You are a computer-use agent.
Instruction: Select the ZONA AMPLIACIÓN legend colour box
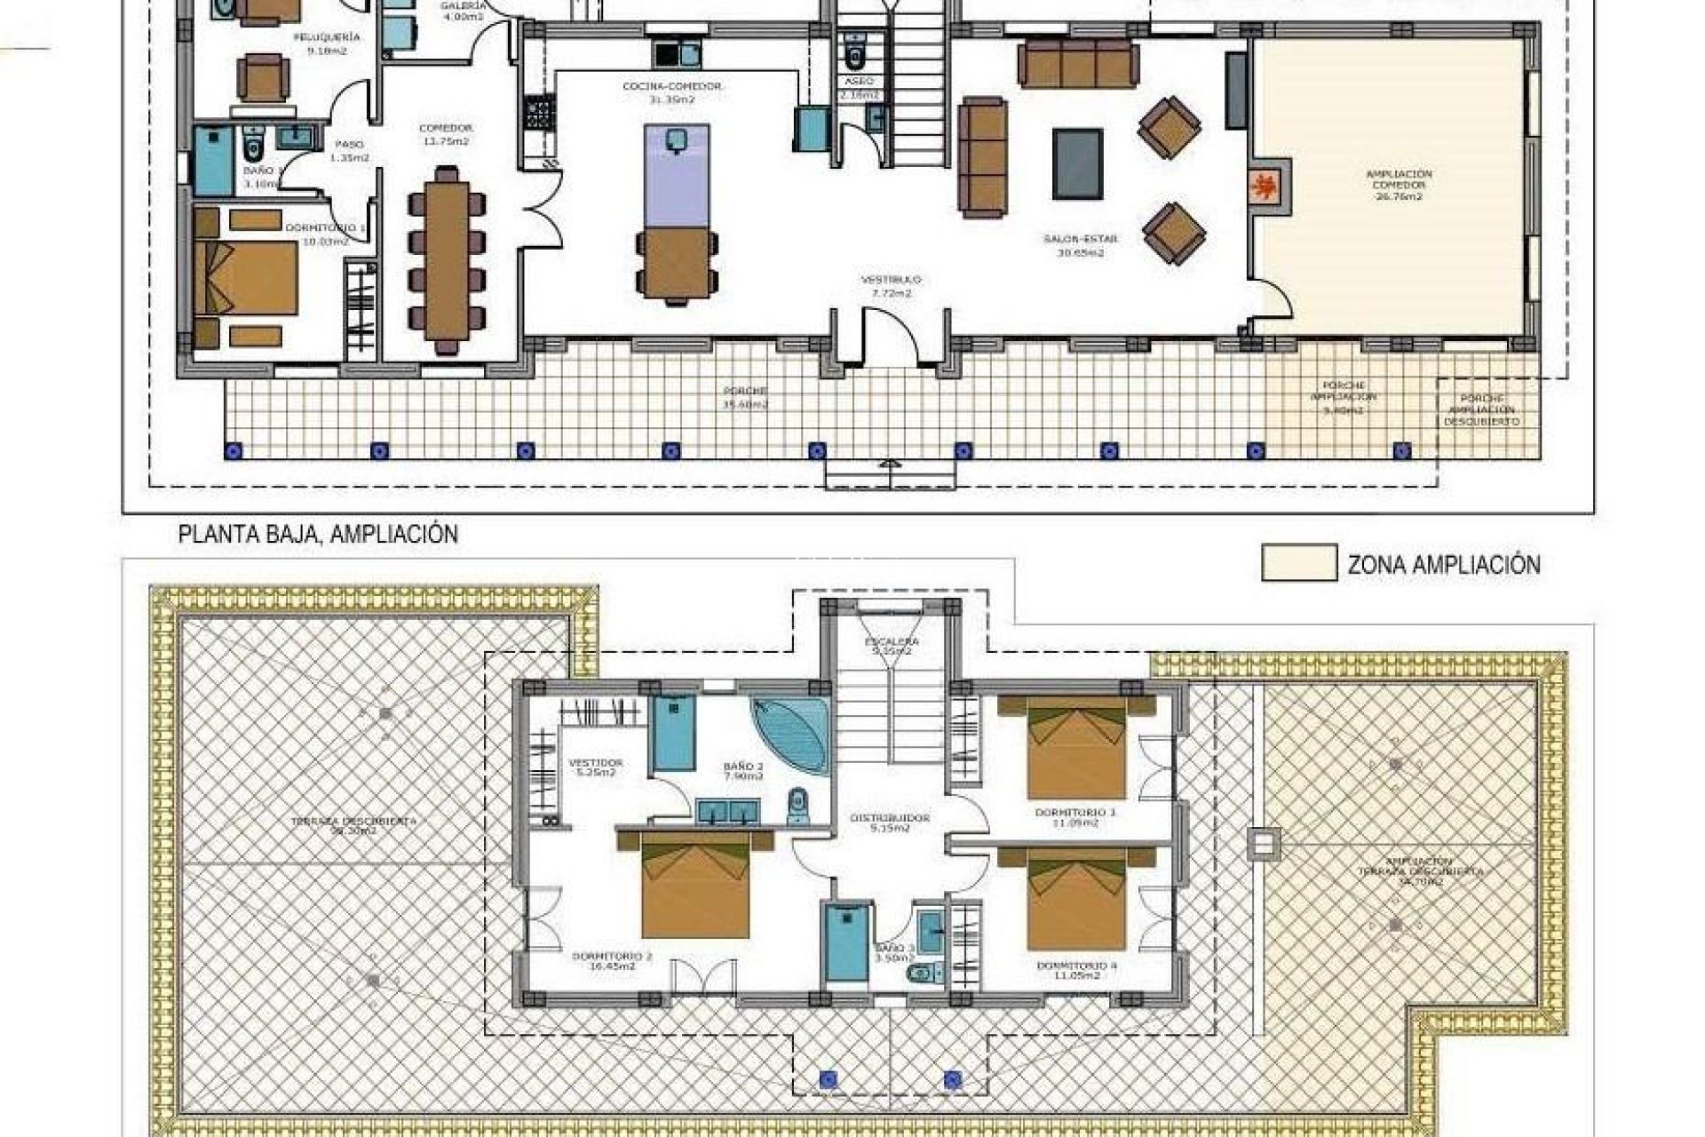(1298, 563)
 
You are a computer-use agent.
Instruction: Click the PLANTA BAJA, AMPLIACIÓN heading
(318, 535)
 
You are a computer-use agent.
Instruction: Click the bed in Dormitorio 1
(246, 277)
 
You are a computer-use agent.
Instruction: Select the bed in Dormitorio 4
(1075, 899)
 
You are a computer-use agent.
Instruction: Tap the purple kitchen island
(675, 176)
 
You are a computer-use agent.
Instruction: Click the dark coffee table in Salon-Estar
(1078, 163)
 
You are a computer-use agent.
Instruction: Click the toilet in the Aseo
(855, 56)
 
